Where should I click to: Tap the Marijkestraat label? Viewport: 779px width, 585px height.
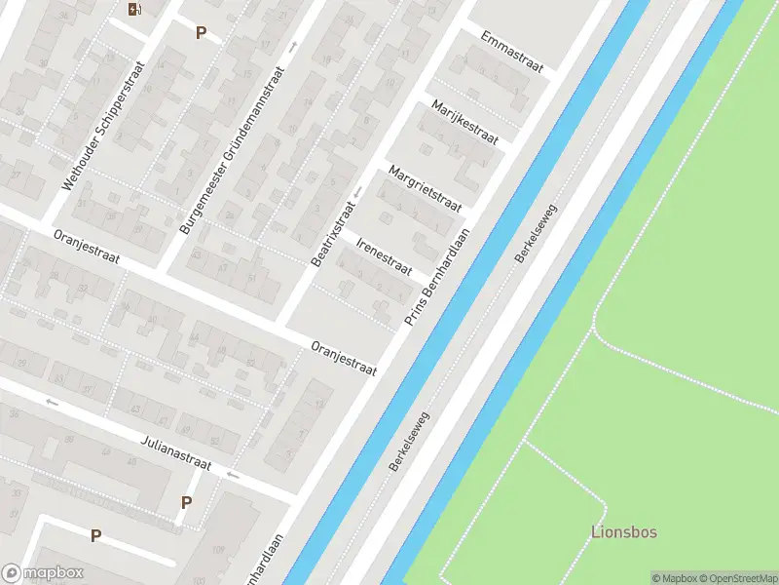point(464,123)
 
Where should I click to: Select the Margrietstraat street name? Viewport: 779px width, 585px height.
point(424,188)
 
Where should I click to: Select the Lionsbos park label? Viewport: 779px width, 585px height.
point(624,532)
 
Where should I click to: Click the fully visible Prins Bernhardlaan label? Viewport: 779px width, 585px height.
point(438,277)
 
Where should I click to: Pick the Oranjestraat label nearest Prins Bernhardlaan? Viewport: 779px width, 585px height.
point(343,360)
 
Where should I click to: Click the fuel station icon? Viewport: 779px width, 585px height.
point(133,10)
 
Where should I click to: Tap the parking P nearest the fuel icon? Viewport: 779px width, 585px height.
point(201,32)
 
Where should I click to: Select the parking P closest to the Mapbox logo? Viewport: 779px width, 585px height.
point(95,535)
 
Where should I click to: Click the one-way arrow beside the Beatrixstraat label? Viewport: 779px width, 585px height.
point(358,192)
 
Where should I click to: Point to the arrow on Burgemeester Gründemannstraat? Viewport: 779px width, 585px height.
point(291,47)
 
